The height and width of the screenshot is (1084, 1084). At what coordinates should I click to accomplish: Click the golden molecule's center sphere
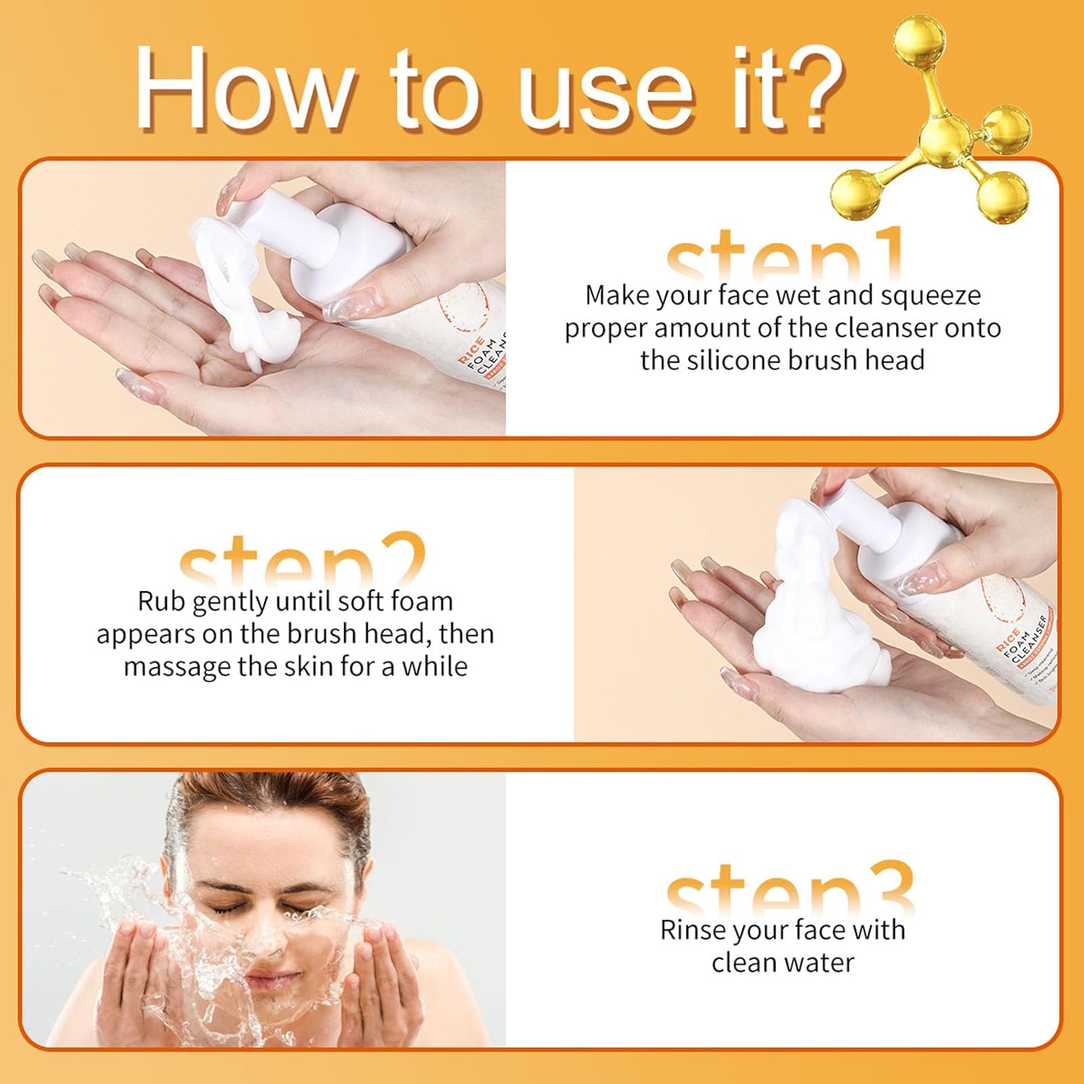(x=943, y=134)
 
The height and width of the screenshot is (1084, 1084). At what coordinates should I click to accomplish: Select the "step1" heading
(x=784, y=257)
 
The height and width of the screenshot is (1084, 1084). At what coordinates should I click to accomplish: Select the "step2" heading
(x=302, y=562)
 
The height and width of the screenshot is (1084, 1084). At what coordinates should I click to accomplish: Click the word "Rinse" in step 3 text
(x=693, y=930)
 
